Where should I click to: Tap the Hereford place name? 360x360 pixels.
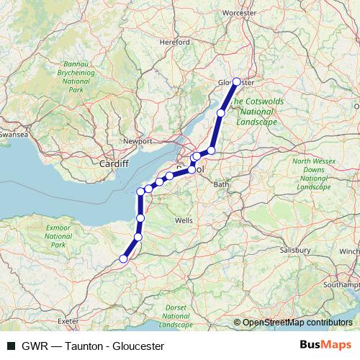[x=175, y=42]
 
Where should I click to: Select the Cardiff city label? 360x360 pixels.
[x=114, y=163]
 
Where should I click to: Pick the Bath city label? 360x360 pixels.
[x=220, y=184]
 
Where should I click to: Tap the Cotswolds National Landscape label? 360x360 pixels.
[x=258, y=112]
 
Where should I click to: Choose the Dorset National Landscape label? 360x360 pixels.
[x=176, y=316]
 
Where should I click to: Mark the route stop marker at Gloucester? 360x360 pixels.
[x=236, y=81]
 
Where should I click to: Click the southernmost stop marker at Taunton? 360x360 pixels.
[x=124, y=258]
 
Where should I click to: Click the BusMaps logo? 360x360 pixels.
[x=325, y=345]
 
